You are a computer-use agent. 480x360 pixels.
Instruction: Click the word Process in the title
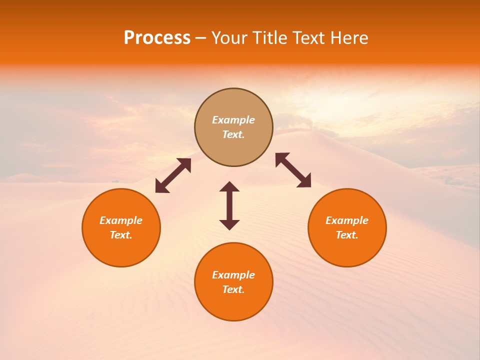(157, 38)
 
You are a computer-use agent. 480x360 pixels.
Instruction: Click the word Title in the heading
(270, 38)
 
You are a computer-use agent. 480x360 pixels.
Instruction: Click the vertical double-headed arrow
(229, 206)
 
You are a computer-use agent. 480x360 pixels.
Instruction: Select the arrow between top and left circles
(173, 175)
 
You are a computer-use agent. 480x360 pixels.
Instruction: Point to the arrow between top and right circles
(293, 170)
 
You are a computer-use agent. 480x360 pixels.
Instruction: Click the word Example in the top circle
(233, 120)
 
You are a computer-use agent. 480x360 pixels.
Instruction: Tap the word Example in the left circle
(121, 220)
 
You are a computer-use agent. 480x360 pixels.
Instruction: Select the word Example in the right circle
(347, 220)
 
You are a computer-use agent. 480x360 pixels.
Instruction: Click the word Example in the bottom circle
(233, 275)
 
